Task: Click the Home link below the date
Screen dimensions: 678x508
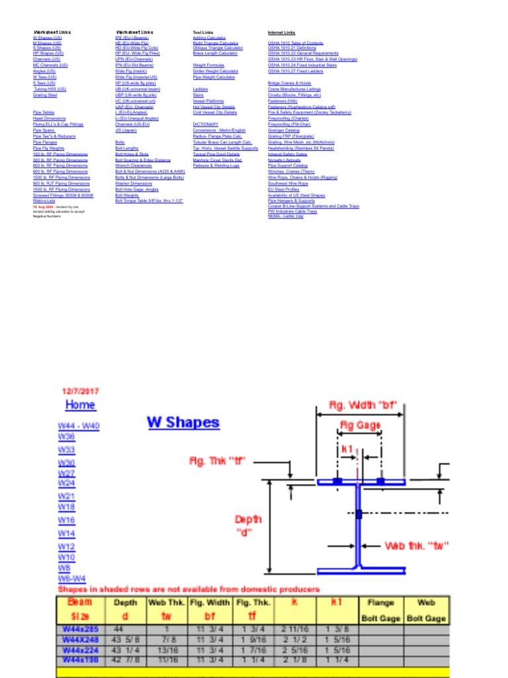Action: coord(80,405)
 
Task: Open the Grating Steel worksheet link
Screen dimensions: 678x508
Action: coord(45,95)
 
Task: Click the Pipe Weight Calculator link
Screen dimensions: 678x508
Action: coord(214,77)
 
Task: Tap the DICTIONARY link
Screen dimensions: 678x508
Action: coord(205,124)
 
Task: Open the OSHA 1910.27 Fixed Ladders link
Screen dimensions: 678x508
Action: coord(295,71)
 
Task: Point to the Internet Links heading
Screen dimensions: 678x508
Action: coord(281,32)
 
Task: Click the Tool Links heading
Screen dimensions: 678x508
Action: coord(203,32)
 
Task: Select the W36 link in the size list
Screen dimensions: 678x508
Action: coord(67,437)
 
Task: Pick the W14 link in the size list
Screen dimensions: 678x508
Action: coord(67,533)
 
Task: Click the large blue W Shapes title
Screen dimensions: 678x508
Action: coord(183,422)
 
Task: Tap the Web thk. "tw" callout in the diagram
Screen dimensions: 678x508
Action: coord(417,546)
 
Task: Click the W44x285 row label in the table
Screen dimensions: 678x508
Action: coord(77,629)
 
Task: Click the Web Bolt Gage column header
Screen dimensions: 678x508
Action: coord(426,610)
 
